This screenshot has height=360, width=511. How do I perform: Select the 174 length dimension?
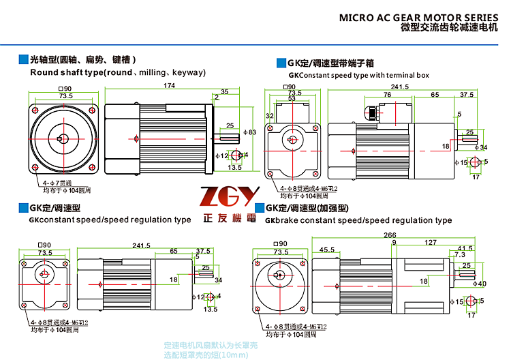[x=169, y=86]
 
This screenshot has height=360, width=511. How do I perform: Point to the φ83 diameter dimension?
[x=249, y=132]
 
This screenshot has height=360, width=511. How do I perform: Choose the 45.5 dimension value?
[x=326, y=250]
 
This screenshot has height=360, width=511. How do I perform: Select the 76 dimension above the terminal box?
[x=387, y=95]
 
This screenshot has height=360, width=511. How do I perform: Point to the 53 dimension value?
[x=292, y=99]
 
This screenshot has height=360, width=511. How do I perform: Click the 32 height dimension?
[x=270, y=116]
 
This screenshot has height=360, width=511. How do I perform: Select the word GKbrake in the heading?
[x=279, y=220]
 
